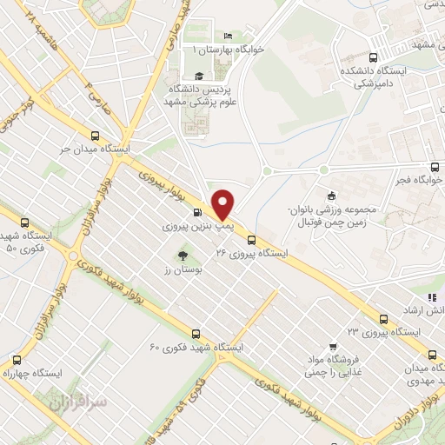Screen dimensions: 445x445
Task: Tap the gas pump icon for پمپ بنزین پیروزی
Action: (198, 212)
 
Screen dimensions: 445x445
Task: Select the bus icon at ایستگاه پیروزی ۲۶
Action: (251, 240)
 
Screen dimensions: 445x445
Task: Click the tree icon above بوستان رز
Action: (183, 256)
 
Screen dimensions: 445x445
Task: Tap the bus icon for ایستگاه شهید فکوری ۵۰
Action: (24, 222)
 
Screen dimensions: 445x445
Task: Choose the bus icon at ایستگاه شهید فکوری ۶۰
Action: (195, 333)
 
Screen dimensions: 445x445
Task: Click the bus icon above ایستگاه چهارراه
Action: (16, 359)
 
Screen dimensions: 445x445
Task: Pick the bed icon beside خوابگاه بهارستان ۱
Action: (227, 37)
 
